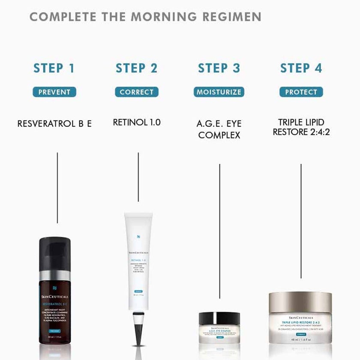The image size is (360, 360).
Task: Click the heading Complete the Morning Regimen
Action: (145, 17)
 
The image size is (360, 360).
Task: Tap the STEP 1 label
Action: (54, 68)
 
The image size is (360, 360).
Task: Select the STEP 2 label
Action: (136, 68)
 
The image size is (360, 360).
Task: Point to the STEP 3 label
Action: (219, 68)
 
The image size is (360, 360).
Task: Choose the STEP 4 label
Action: (301, 68)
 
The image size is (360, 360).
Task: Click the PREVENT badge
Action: (54, 92)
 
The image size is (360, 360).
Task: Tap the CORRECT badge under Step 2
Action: (137, 92)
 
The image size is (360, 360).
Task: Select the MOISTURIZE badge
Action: (219, 92)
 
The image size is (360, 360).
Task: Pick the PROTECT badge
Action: (301, 92)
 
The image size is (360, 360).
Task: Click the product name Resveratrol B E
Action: (54, 124)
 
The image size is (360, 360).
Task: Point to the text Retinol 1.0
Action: (137, 122)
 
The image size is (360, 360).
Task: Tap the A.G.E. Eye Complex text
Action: (219, 129)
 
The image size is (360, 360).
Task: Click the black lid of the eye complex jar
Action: (219, 318)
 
